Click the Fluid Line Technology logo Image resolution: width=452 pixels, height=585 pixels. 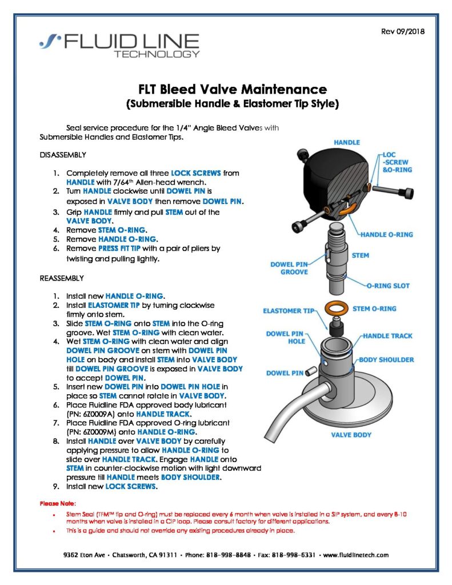click(x=119, y=45)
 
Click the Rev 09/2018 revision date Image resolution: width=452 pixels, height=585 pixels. click(x=402, y=31)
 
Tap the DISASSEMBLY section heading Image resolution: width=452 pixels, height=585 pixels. click(x=63, y=155)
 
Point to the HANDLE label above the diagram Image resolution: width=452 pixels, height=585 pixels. click(x=346, y=142)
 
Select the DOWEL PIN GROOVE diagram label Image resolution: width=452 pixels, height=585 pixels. click(x=289, y=268)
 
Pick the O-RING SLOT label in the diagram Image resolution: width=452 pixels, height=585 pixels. click(x=387, y=286)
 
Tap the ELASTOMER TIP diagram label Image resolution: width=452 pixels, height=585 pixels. click(x=289, y=311)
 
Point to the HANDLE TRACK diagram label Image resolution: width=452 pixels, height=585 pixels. click(x=387, y=336)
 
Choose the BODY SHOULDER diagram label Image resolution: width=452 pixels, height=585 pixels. click(x=386, y=359)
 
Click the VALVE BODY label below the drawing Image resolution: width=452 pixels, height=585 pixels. click(x=351, y=435)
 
